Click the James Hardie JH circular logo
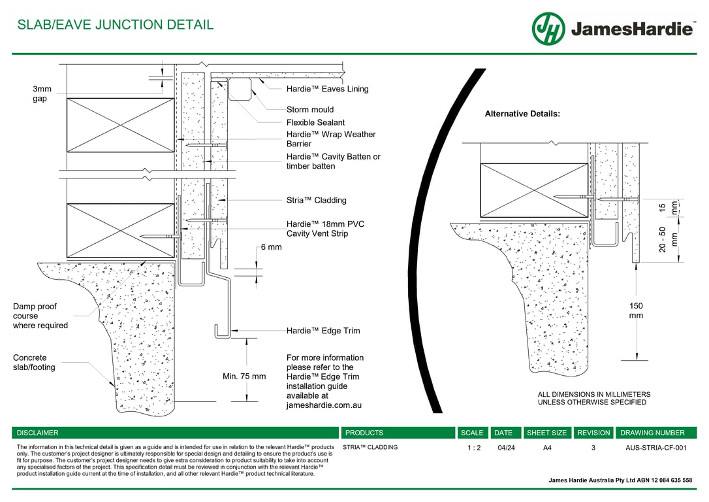(x=548, y=29)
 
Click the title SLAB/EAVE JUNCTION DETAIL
(x=115, y=25)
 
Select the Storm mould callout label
(x=310, y=110)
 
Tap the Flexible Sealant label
(x=315, y=122)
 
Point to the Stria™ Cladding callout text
(x=317, y=200)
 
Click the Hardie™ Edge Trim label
(x=323, y=331)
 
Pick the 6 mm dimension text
(x=271, y=247)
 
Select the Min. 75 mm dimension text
(x=244, y=376)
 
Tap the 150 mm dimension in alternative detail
(x=636, y=310)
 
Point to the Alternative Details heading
(x=522, y=114)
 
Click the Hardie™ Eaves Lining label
(x=327, y=89)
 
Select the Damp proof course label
(x=40, y=316)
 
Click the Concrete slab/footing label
(x=34, y=363)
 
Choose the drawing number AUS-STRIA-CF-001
(x=656, y=448)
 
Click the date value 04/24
(x=505, y=448)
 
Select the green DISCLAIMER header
(x=38, y=433)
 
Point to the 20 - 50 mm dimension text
(x=669, y=239)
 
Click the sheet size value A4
(x=547, y=448)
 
